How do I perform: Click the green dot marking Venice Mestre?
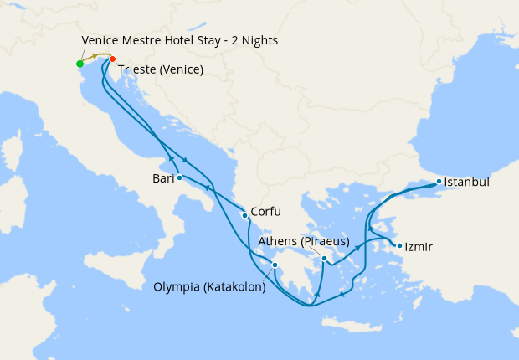coord(80,64)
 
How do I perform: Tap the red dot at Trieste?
coord(113,59)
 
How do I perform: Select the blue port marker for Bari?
coord(180,177)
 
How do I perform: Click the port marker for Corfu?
coord(244,215)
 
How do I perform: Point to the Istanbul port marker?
coord(439,181)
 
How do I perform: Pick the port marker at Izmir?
coord(398,246)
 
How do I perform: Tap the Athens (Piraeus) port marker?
coord(324,259)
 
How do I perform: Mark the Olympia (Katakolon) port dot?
coord(275,266)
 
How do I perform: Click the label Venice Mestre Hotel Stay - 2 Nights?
coord(180,40)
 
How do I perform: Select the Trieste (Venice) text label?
coord(161,69)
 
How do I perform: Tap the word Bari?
coord(162,178)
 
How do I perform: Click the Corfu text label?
coord(265,213)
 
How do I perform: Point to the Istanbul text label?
coord(467,181)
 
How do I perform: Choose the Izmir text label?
coord(419,247)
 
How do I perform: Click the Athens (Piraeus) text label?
coord(304,242)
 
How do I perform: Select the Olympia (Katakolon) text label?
coord(210,287)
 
